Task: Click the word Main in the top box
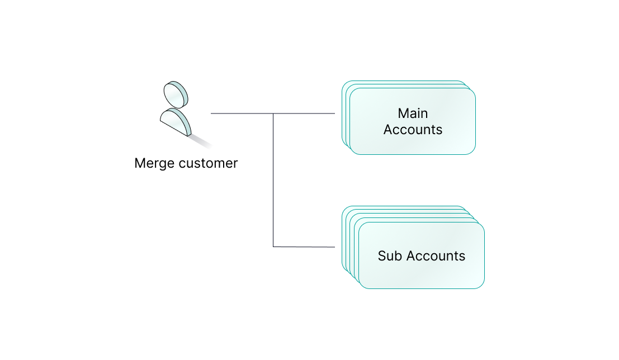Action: (x=413, y=113)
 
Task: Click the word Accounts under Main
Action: (x=413, y=130)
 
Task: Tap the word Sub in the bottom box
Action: (x=390, y=256)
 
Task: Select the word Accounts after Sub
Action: (x=436, y=256)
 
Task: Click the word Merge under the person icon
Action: (x=155, y=163)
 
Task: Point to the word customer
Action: (x=209, y=163)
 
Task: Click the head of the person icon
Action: (x=176, y=94)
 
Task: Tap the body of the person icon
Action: (x=176, y=122)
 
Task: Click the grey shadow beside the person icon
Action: (x=201, y=141)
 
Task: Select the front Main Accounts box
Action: (x=413, y=121)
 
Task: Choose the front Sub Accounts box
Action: (x=421, y=255)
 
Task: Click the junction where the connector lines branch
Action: (x=273, y=113)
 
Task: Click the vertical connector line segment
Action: (x=273, y=180)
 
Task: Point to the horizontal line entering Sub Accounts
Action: (x=304, y=247)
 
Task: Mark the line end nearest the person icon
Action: (x=211, y=113)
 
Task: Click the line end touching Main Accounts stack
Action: (x=335, y=113)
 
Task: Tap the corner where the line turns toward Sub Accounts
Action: (x=273, y=247)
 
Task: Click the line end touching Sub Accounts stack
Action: (x=335, y=247)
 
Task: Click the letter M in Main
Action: (x=403, y=113)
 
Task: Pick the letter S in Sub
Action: (x=382, y=256)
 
